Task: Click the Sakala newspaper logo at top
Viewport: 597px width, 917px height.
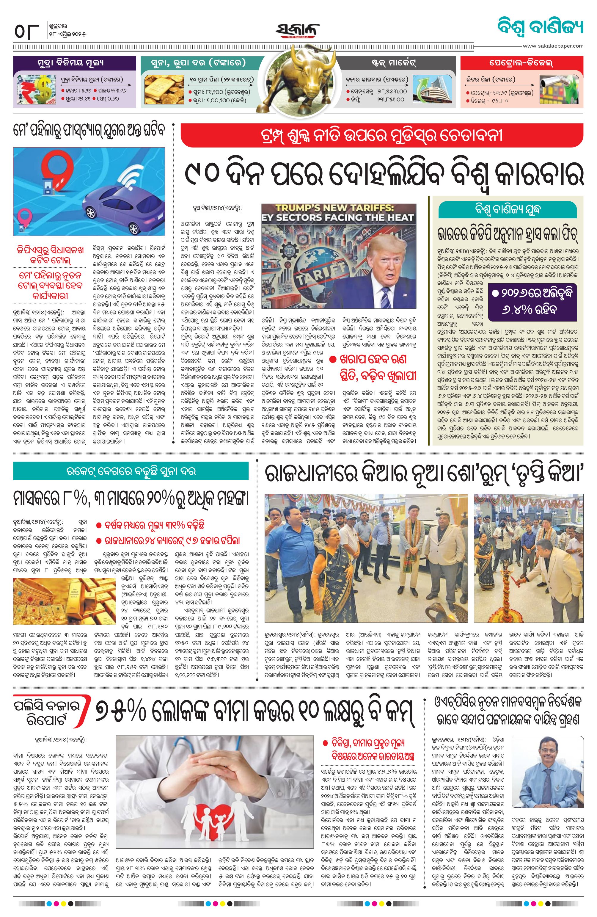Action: tap(297, 30)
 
